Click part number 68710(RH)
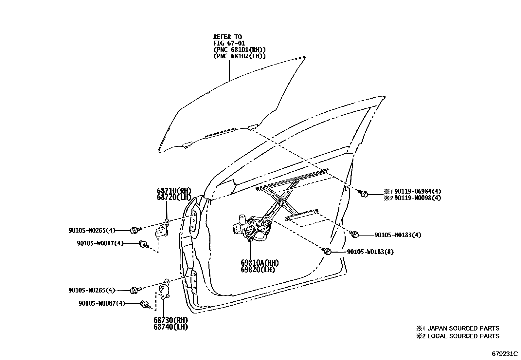(x=174, y=191)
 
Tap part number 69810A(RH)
(x=260, y=263)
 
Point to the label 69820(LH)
(x=258, y=270)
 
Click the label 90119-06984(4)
(x=418, y=191)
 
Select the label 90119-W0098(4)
(x=418, y=198)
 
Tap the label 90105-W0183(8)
(x=370, y=252)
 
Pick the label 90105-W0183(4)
(x=398, y=235)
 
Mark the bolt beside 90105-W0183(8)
(x=327, y=251)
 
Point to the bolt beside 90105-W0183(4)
(x=354, y=234)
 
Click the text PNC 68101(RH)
(x=239, y=49)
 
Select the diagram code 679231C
(x=505, y=354)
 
